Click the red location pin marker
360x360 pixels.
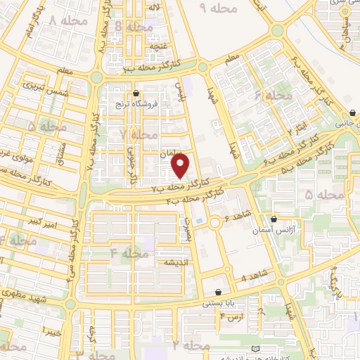pyautogui.click(x=181, y=166)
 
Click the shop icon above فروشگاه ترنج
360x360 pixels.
pyautogui.click(x=136, y=93)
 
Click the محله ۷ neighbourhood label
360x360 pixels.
pyautogui.click(x=139, y=134)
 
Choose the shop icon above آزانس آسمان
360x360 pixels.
pyautogui.click(x=274, y=219)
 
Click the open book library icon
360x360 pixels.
pyautogui.click(x=255, y=349)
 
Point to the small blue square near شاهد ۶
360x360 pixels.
pyautogui.click(x=198, y=222)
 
